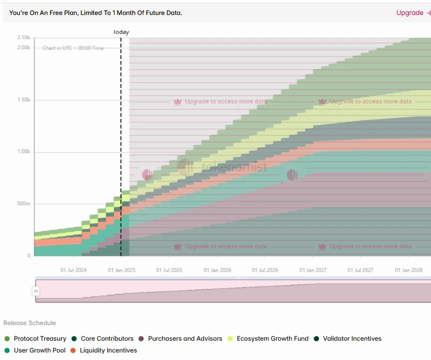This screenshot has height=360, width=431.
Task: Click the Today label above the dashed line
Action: tap(121, 32)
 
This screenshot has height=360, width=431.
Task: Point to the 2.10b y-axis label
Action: tap(24, 37)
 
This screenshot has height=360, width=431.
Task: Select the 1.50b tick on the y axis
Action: tap(24, 100)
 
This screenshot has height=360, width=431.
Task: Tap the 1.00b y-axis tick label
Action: tap(24, 152)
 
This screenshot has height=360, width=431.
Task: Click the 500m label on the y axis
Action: tap(24, 204)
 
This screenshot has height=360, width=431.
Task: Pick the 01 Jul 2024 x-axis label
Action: tap(73, 271)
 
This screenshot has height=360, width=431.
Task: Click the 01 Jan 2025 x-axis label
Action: tap(122, 271)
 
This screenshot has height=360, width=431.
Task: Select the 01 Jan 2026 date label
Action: tap(218, 271)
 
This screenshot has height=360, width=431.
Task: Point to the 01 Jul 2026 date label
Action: tap(265, 271)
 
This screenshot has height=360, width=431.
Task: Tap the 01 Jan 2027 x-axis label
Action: tap(313, 271)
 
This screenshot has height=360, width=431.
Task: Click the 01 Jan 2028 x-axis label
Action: tap(409, 271)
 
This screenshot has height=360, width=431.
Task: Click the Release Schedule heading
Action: tap(29, 323)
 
